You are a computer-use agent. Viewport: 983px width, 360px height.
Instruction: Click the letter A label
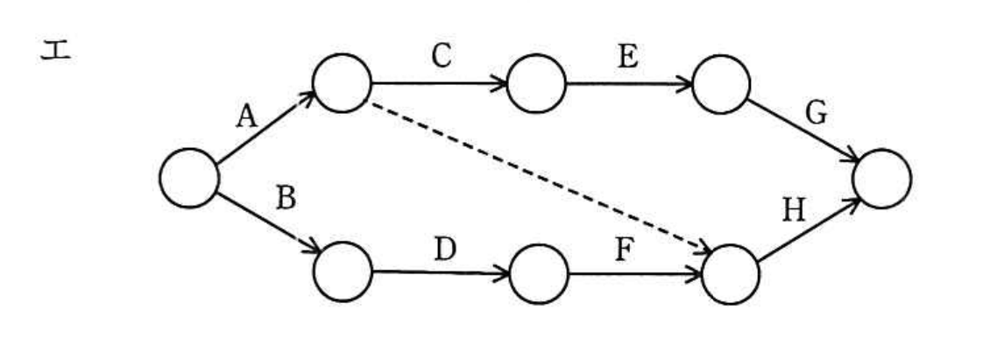[247, 116]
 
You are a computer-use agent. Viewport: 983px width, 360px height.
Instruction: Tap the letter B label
[286, 199]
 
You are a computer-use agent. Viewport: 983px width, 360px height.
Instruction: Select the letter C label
[442, 56]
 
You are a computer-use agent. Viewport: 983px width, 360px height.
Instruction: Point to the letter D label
[445, 250]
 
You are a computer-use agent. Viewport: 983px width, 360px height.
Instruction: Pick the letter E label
[627, 56]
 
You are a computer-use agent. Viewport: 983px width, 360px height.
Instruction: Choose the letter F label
[623, 251]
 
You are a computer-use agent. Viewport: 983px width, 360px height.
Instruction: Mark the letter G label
[816, 114]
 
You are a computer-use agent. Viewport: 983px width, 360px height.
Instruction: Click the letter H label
[794, 211]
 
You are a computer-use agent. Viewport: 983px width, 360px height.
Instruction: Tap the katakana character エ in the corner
[56, 50]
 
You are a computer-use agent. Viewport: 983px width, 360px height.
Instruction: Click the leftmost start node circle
[189, 178]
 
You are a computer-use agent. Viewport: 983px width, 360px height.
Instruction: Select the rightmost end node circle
[881, 179]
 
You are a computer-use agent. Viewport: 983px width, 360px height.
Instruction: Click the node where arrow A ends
[342, 83]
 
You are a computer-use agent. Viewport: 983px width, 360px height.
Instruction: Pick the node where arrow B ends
[343, 272]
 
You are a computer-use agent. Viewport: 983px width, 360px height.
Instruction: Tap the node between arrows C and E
[536, 84]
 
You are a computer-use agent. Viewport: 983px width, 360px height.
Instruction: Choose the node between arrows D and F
[539, 274]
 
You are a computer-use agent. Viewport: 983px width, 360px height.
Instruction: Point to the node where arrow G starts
[721, 84]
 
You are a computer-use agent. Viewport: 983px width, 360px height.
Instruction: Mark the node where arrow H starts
[731, 275]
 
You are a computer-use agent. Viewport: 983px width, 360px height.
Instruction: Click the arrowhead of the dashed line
[704, 248]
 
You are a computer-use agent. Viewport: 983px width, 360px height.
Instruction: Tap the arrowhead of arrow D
[501, 272]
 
